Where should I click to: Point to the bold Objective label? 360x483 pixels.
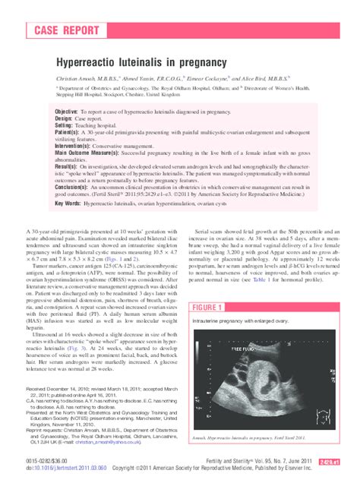pyautogui.click(x=71, y=112)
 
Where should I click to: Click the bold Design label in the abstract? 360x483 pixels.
pyautogui.click(x=65, y=118)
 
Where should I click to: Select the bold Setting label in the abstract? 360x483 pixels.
pyautogui.click(x=66, y=125)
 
